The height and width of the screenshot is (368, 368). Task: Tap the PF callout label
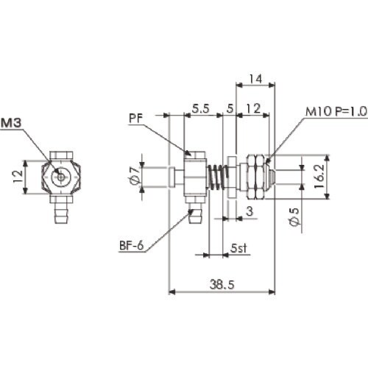pos(134,116)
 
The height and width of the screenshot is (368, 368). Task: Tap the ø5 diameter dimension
pos(294,219)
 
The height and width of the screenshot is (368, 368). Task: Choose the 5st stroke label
pos(237,249)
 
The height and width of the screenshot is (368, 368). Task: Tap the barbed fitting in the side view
pos(194,214)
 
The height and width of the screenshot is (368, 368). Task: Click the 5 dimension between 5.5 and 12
pos(230,108)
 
